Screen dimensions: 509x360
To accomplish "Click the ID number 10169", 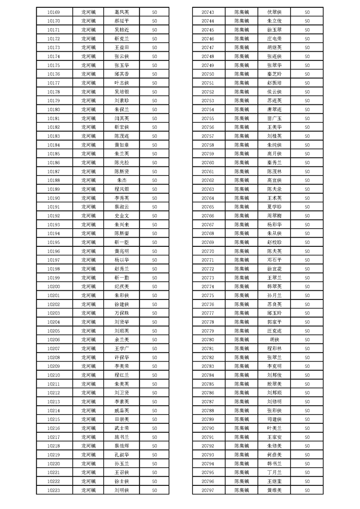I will tap(54, 12).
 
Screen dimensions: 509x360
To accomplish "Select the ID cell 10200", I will tap(54, 287).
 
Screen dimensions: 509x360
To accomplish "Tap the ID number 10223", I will tap(54, 490).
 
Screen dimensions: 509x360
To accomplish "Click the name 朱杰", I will tap(122, 180).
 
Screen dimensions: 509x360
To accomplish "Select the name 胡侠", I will tap(275, 339).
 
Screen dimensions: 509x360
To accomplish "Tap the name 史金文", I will tap(122, 215).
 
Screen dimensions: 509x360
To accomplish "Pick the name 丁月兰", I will tap(275, 472).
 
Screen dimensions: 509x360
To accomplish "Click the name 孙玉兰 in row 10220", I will tap(122, 464).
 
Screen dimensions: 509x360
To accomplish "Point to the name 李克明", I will tap(275, 366).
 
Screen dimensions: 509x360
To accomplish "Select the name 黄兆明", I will tap(122, 251).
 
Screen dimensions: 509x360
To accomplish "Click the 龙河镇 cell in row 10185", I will tap(89, 154).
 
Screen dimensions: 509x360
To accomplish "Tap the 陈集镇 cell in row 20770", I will tap(242, 251).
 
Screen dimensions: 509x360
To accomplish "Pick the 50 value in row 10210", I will tap(154, 375).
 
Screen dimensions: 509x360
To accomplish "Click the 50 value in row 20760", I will tap(307, 162).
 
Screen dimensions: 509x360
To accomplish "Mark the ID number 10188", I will tap(54, 180).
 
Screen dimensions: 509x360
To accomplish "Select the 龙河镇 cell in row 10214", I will tap(89, 411).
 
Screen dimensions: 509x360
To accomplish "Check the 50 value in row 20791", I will tap(307, 437).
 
